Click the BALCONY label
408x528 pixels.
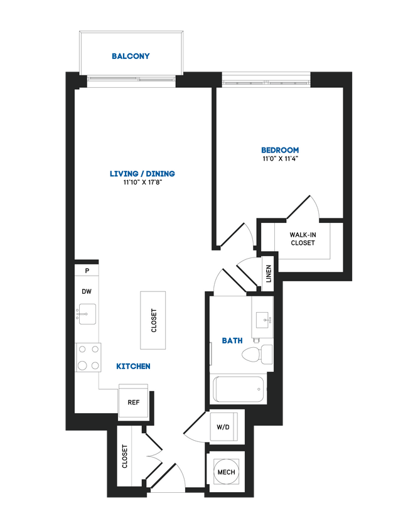coord(131,57)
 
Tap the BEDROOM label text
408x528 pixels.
coord(280,150)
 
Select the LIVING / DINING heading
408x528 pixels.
coord(142,174)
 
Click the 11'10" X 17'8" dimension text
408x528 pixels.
coord(142,183)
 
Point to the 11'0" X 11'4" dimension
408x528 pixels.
coord(280,159)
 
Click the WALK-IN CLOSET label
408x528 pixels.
coord(302,239)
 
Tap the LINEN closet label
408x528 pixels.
coord(268,274)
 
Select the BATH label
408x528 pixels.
coord(232,341)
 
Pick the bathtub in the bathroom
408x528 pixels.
coord(239,389)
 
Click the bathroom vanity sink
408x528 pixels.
coord(262,318)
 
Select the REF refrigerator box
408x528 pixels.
coord(133,402)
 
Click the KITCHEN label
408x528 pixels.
coord(133,366)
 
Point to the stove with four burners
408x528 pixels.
coord(88,357)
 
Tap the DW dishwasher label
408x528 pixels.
coord(87,292)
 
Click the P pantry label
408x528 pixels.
coord(87,271)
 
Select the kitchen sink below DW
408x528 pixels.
coord(87,312)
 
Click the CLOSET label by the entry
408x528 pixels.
coord(125,456)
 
